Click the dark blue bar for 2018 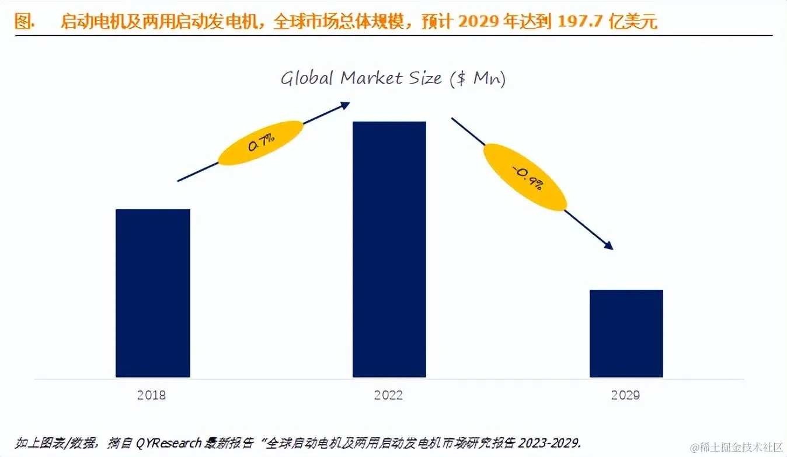point(153,293)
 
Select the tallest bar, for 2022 point(389,249)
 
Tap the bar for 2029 point(626,333)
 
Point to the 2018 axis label point(152,395)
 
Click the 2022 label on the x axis point(389,395)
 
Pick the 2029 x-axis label point(625,395)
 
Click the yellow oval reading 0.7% point(260,143)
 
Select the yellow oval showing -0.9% point(525,176)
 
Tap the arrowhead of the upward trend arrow point(346,105)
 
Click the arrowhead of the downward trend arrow point(608,245)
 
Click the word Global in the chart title point(307,78)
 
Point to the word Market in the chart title point(369,78)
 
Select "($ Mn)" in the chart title point(478,79)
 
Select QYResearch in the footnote point(169,442)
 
